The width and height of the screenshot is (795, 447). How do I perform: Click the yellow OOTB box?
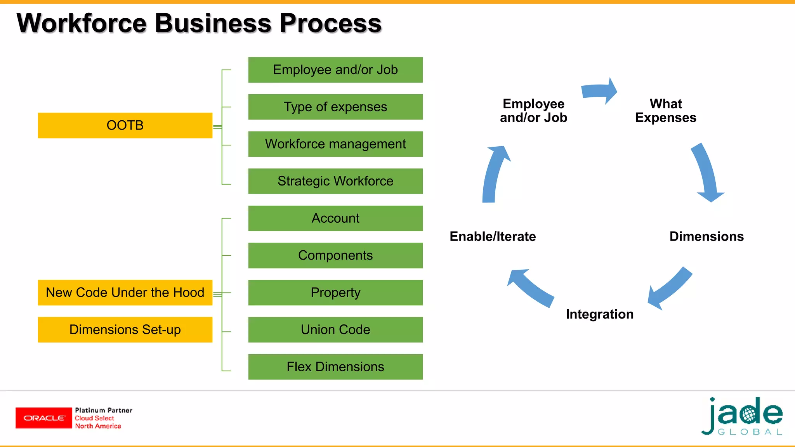(125, 125)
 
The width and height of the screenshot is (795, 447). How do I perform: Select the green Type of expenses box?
(335, 107)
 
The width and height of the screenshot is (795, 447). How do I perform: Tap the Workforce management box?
(335, 144)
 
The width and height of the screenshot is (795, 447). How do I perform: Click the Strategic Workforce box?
(335, 181)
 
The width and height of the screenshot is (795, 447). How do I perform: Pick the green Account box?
(335, 218)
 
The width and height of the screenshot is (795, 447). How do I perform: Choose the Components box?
(335, 255)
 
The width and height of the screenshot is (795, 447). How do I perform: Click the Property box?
(335, 293)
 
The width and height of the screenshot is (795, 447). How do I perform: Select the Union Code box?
(335, 329)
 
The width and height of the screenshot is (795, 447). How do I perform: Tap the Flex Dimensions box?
(335, 367)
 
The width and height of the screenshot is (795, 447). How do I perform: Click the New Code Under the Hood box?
(125, 293)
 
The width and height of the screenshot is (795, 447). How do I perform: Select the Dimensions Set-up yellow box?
(125, 329)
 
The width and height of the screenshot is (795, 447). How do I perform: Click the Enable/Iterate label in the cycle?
(493, 236)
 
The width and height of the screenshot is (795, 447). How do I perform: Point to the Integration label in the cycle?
(599, 314)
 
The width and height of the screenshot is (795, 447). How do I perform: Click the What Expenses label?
(666, 111)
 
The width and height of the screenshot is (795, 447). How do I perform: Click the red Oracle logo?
(44, 418)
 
